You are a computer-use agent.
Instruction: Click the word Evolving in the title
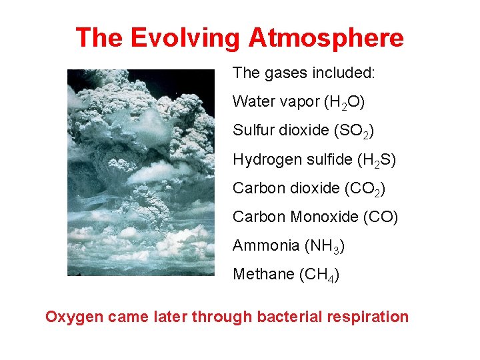tap(184, 38)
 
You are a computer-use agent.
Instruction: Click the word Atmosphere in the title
tap(326, 38)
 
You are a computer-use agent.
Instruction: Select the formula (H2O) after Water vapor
tap(343, 103)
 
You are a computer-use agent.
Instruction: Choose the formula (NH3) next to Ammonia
tap(325, 246)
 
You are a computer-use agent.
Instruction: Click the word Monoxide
tap(323, 217)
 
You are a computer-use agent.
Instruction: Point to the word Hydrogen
tap(262, 160)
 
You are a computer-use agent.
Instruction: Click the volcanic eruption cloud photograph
tap(141, 173)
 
